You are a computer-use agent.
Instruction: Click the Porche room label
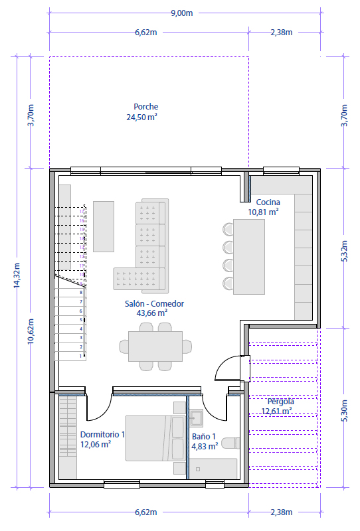(145, 107)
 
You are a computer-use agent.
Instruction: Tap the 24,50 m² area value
(141, 117)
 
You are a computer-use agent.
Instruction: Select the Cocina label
(264, 202)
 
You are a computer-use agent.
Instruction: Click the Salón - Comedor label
(154, 303)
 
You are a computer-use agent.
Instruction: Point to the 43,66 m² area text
(151, 313)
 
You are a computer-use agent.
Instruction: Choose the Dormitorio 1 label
(103, 435)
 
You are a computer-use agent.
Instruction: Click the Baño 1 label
(204, 437)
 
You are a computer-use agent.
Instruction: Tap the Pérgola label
(280, 402)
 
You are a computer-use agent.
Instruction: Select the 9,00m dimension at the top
(181, 13)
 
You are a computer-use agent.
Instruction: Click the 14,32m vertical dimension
(17, 274)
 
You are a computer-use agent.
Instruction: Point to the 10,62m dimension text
(31, 329)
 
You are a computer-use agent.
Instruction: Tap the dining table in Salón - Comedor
(155, 346)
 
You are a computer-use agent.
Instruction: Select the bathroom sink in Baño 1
(196, 417)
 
